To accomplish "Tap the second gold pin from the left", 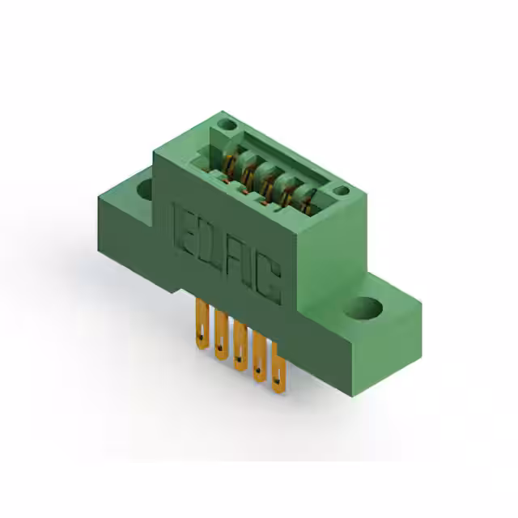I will [219, 334].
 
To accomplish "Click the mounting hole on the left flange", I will [144, 191].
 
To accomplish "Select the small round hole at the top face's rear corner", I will [228, 125].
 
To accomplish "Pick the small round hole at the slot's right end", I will [342, 191].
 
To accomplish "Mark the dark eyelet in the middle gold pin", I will [239, 360].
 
